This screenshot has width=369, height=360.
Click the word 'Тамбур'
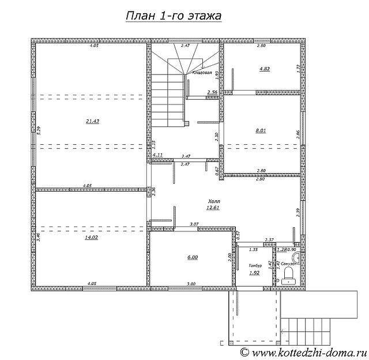255,265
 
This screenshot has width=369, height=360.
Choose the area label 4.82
264,68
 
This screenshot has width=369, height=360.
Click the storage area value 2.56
212,92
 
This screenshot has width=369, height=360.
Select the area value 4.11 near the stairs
157,155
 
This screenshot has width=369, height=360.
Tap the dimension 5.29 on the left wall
38,130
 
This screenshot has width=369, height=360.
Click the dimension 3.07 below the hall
195,223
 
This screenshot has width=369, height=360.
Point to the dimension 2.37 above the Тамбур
269,239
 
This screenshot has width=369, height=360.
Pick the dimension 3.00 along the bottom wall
191,283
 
